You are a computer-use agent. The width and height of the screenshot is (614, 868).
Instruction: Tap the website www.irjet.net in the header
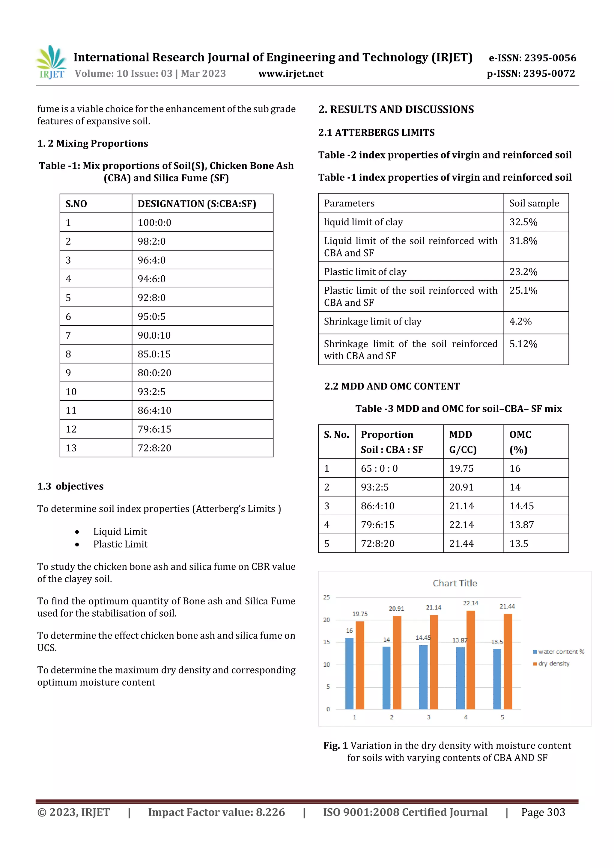pos(291,74)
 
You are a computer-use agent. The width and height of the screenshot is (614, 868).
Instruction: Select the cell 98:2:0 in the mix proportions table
pos(152,241)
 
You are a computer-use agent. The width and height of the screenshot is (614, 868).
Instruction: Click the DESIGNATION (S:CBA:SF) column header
pos(197,204)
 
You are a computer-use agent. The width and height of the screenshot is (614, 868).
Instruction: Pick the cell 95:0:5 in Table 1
pos(152,316)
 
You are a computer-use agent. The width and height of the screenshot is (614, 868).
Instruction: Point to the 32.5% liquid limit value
pos(523,222)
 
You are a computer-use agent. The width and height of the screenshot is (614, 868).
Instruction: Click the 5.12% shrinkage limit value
pos(523,344)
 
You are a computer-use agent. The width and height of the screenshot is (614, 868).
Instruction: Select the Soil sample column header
pos(534,203)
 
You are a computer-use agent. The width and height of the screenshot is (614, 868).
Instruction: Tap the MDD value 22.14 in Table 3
pos(461,525)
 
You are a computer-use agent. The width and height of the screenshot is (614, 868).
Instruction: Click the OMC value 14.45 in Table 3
pos(522,506)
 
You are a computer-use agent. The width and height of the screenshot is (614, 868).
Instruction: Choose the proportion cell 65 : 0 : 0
pos(379,468)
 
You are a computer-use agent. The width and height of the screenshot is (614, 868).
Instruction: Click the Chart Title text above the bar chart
pos(455,583)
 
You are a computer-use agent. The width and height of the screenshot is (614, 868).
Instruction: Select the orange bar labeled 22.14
pos(471,660)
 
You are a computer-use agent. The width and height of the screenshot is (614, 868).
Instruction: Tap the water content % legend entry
pos(559,652)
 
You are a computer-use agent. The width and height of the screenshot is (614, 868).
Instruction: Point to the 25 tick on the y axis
pos(326,597)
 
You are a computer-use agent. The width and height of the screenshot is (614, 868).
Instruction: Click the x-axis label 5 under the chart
pos(502,717)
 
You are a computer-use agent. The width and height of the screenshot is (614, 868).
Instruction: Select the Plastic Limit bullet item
pos(120,544)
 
